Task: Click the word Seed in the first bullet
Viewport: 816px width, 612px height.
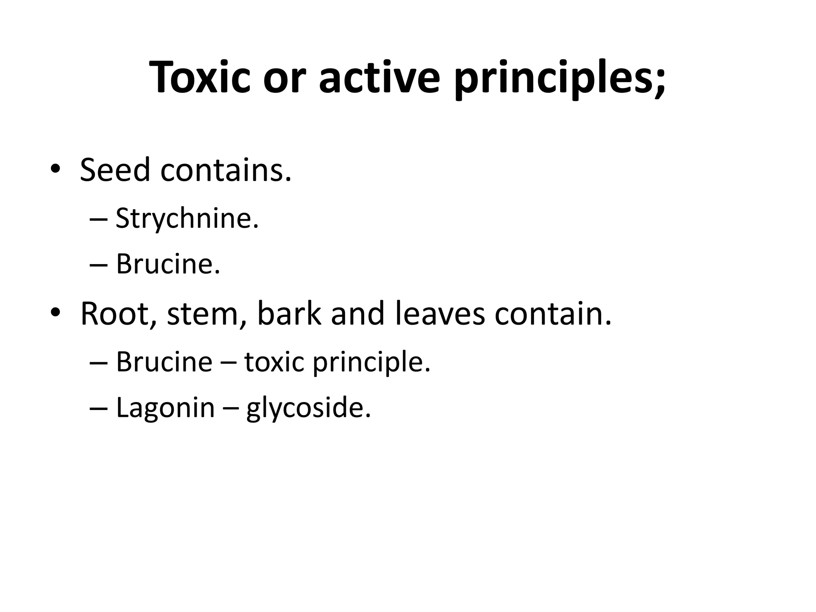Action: (x=115, y=170)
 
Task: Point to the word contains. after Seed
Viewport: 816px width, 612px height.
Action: (x=226, y=170)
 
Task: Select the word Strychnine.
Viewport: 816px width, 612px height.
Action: (x=187, y=219)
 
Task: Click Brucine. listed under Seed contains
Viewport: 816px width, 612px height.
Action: (x=168, y=264)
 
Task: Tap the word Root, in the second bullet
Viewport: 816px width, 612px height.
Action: (x=118, y=314)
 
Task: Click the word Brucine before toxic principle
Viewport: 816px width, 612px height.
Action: (x=164, y=362)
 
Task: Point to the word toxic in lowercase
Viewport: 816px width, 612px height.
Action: (x=274, y=362)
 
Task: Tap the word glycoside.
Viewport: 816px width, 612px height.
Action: (x=308, y=409)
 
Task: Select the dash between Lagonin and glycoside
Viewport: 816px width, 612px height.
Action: (x=230, y=409)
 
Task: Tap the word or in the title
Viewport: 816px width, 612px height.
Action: (x=281, y=77)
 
